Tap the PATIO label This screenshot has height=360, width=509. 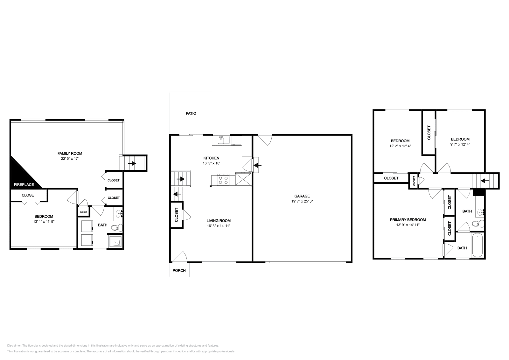[x=191, y=113]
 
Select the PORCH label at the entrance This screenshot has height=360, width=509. [x=179, y=271]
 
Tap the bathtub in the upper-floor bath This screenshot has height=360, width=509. [x=478, y=245]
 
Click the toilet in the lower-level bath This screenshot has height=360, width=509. [x=119, y=227]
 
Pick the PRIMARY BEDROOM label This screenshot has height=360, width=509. [x=408, y=220]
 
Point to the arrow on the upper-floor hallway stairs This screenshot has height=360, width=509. [x=485, y=181]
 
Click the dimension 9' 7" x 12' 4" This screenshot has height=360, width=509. [x=460, y=144]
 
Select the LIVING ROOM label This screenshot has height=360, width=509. [x=219, y=221]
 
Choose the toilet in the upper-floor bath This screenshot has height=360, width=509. [x=476, y=224]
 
